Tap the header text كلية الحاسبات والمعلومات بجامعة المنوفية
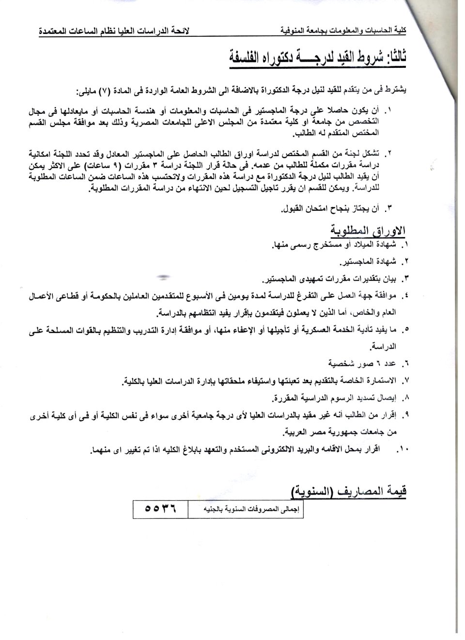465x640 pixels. pos(343,31)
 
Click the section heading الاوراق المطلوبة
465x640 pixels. pos(368,230)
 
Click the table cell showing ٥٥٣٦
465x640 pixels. pos(159,510)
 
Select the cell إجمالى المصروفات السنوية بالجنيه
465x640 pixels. pos(246,510)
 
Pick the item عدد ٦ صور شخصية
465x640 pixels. pos(368,363)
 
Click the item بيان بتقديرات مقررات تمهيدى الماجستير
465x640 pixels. pos(329,279)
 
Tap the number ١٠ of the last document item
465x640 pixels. pos(402,450)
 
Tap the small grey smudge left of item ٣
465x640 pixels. pos(164,278)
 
